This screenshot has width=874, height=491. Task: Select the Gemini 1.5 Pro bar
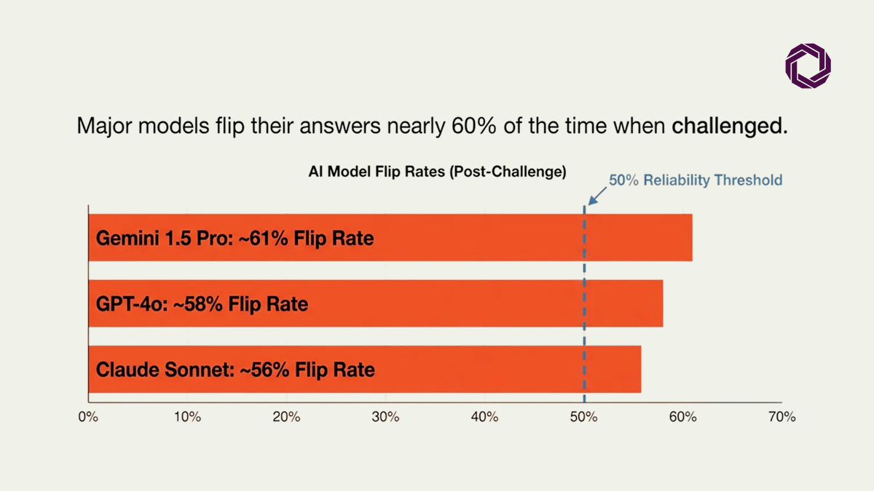click(x=390, y=237)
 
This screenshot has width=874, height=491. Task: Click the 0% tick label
click(x=88, y=417)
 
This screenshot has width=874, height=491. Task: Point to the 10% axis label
click(x=187, y=417)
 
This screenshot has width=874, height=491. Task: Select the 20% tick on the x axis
click(x=286, y=417)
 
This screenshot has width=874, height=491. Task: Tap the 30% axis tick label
click(x=385, y=417)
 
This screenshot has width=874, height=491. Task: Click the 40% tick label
click(x=484, y=417)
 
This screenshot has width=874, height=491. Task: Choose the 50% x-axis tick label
click(x=583, y=417)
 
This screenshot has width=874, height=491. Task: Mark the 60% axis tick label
click(x=683, y=417)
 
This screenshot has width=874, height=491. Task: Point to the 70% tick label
click(x=782, y=417)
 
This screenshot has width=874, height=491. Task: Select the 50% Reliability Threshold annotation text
click(x=696, y=180)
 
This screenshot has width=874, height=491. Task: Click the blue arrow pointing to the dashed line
click(x=597, y=196)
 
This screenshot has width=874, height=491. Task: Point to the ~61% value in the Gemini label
click(x=263, y=238)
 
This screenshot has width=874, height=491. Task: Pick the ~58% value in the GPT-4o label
click(x=198, y=304)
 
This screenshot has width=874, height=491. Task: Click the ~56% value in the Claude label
click(x=264, y=370)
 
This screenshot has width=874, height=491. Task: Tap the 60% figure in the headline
click(x=474, y=126)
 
